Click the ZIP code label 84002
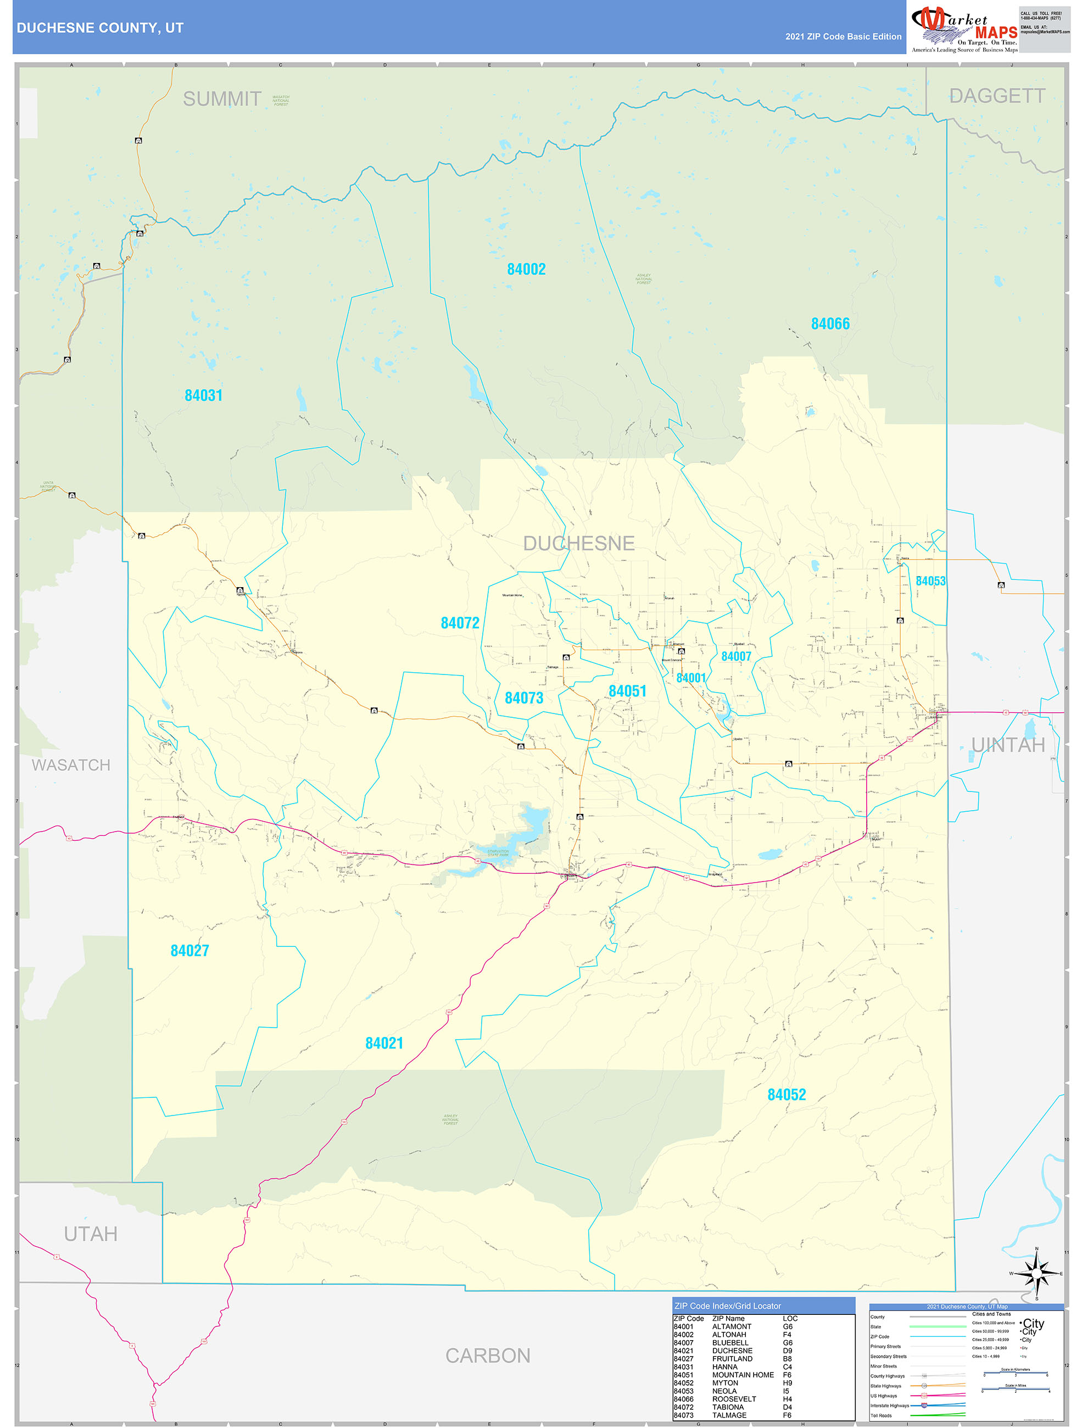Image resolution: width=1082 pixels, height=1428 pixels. click(526, 269)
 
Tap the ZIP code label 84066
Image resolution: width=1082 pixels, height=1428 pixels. click(830, 323)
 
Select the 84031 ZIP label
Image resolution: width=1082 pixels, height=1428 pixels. click(203, 395)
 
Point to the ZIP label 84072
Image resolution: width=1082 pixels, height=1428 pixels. click(460, 623)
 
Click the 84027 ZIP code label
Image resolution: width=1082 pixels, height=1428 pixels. click(190, 950)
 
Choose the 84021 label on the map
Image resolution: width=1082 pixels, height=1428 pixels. click(384, 1043)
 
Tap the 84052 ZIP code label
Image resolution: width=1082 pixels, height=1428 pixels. click(787, 1094)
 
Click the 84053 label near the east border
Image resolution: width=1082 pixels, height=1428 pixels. click(930, 581)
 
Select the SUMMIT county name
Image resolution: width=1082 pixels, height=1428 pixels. click(222, 99)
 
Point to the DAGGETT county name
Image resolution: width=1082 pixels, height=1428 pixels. click(997, 96)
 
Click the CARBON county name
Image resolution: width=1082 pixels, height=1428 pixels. click(488, 1356)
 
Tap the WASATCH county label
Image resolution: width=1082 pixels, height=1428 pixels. click(71, 765)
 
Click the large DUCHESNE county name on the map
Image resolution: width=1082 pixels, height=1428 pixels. click(578, 544)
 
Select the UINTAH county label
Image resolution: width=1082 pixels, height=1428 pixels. click(1008, 745)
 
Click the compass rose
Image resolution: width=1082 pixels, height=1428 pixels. click(1036, 1274)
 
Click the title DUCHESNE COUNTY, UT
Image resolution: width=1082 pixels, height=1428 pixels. click(100, 28)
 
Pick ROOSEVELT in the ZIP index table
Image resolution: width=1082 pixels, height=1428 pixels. click(734, 1399)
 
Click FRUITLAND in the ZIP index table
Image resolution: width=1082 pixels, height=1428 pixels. click(732, 1359)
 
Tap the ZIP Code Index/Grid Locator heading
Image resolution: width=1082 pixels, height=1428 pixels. click(728, 1306)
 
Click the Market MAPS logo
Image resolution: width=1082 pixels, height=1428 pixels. click(964, 27)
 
